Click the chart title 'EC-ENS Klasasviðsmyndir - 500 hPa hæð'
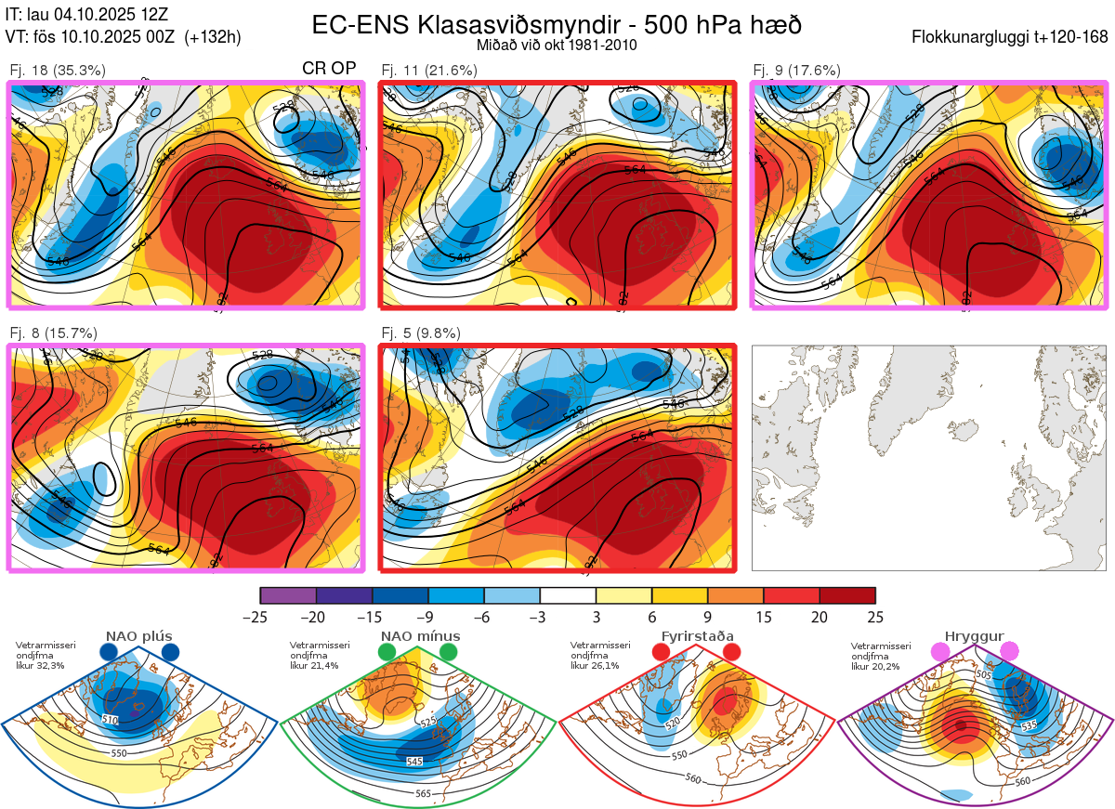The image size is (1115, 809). pyautogui.click(x=557, y=25)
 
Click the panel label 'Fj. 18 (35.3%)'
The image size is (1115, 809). pyautogui.click(x=57, y=70)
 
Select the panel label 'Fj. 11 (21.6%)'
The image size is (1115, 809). pyautogui.click(x=429, y=70)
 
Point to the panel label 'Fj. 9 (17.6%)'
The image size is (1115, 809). pyautogui.click(x=796, y=70)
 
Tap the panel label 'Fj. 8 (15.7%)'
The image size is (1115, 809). pyautogui.click(x=53, y=333)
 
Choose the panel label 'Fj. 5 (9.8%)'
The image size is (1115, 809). pyautogui.click(x=421, y=333)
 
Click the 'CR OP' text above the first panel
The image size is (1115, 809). pyautogui.click(x=329, y=69)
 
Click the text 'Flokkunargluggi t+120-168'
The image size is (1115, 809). pyautogui.click(x=1010, y=38)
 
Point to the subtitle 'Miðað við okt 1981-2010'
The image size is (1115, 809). pyautogui.click(x=557, y=45)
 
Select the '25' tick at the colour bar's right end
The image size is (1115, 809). pyautogui.click(x=875, y=617)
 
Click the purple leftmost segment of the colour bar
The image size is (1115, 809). pyautogui.click(x=288, y=595)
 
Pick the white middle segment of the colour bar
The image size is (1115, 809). pyautogui.click(x=568, y=595)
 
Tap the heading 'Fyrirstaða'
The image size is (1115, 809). pyautogui.click(x=697, y=636)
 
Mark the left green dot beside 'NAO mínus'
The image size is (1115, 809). pyautogui.click(x=387, y=653)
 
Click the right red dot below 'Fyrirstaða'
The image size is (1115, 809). pyautogui.click(x=731, y=653)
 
